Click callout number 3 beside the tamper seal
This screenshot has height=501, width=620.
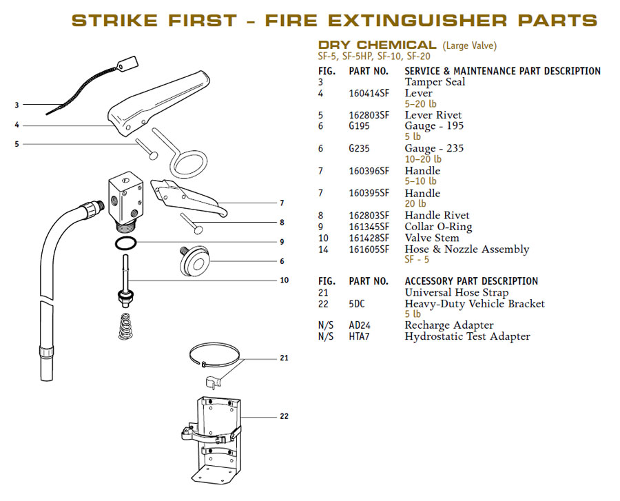point(17,105)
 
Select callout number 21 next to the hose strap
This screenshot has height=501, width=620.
point(284,358)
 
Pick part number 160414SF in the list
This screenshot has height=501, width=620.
point(369,93)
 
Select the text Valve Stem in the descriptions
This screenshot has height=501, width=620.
point(432,238)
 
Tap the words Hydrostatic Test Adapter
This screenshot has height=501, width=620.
point(467,337)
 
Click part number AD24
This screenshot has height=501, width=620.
point(360,325)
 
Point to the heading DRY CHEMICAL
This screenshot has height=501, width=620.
point(377,45)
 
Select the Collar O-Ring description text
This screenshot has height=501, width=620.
point(438,227)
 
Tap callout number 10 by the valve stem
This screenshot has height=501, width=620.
point(284,280)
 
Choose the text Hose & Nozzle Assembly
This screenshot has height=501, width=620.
point(466,249)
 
